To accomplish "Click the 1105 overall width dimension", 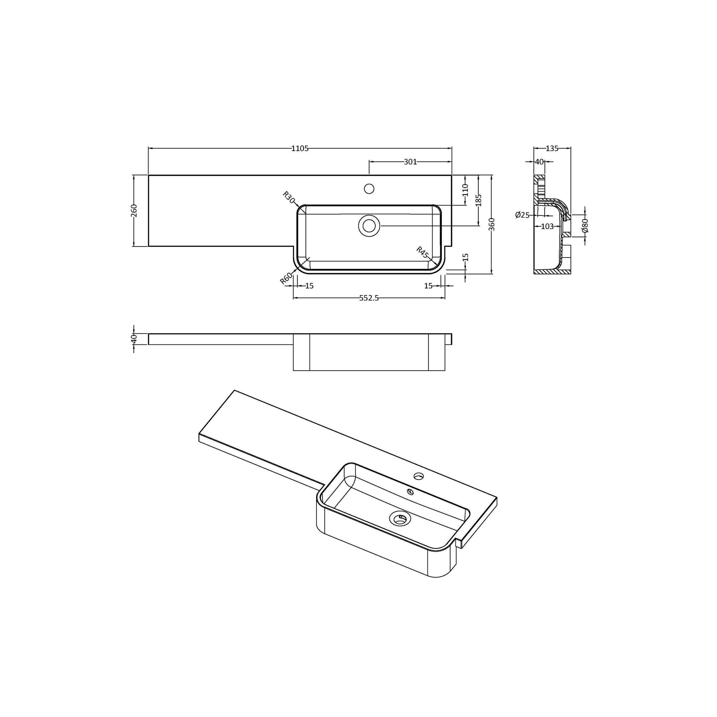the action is tap(300, 149).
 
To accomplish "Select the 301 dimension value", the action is tap(410, 162).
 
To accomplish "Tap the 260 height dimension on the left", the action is tap(134, 210).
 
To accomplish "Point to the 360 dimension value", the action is tap(492, 224).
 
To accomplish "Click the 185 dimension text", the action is tap(478, 200).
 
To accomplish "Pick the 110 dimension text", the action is tap(466, 190).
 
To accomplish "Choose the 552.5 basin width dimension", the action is tap(369, 298).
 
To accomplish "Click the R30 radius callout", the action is tap(288, 197).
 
